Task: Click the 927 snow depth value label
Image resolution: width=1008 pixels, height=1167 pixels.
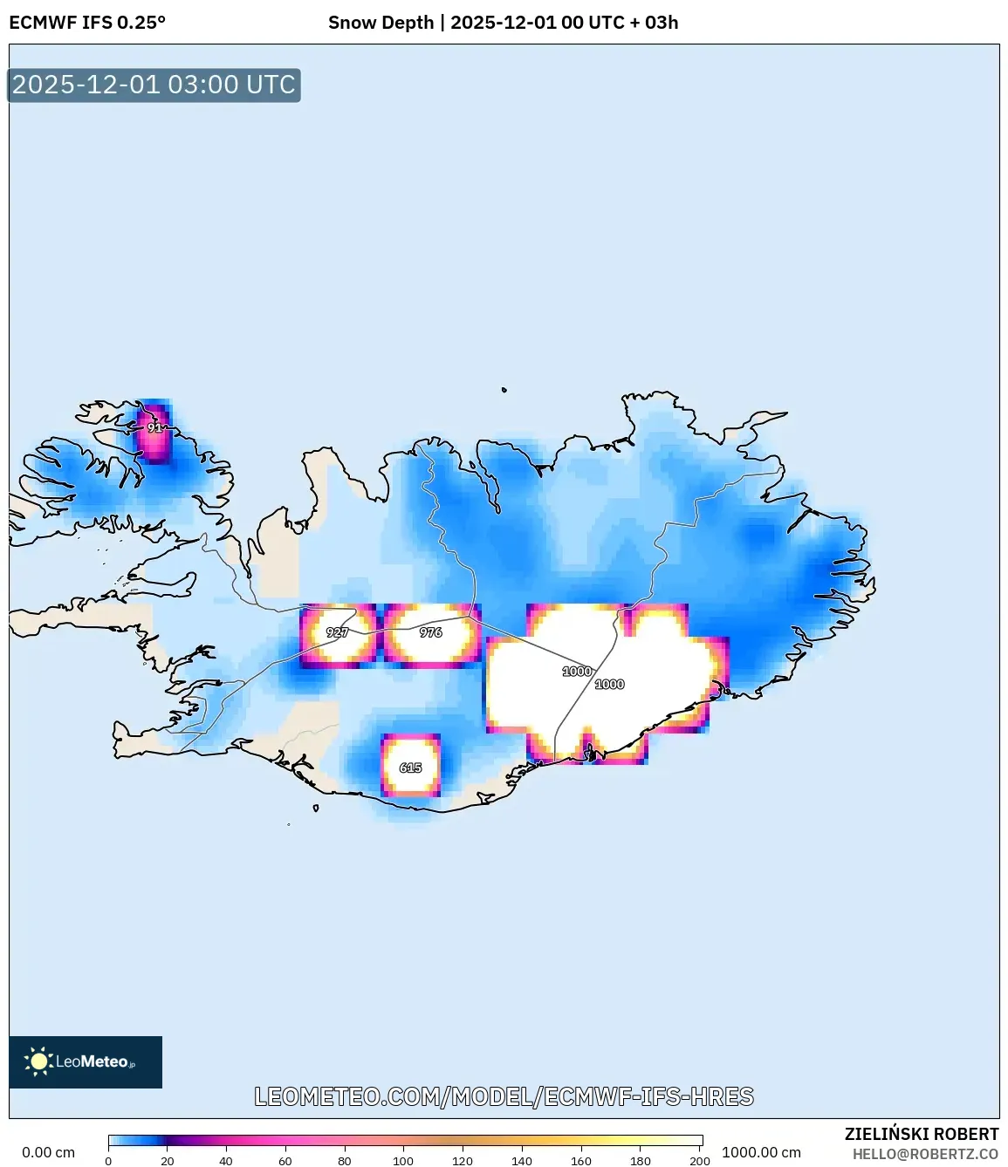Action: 337,632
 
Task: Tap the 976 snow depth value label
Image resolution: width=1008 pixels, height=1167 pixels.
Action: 430,632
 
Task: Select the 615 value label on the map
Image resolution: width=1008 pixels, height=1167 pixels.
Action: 410,768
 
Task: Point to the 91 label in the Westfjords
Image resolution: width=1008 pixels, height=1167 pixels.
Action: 154,428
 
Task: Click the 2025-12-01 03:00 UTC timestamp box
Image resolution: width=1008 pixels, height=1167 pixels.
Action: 154,85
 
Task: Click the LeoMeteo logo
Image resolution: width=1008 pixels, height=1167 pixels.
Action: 86,1061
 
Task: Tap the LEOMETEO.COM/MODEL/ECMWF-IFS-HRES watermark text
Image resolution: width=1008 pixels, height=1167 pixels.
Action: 504,1096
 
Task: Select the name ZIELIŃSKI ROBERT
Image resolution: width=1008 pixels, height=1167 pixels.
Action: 922,1134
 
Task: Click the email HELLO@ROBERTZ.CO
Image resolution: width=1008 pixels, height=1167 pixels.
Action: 925,1154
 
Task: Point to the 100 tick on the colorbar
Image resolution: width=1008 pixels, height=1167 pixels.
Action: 403,1161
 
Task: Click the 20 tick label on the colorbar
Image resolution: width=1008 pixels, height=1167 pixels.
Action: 168,1161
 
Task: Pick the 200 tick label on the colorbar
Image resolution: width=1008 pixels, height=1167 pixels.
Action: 699,1161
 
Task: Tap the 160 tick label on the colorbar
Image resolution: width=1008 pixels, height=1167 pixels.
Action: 580,1161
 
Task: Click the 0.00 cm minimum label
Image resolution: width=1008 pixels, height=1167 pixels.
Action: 49,1152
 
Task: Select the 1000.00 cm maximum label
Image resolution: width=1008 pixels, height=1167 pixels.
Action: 761,1152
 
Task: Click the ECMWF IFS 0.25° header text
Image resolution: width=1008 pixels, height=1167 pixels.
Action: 87,23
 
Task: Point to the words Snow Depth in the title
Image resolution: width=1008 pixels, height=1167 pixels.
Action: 381,23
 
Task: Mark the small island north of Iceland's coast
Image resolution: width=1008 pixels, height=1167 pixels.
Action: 504,390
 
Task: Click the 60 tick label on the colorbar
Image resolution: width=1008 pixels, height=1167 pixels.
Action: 285,1161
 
